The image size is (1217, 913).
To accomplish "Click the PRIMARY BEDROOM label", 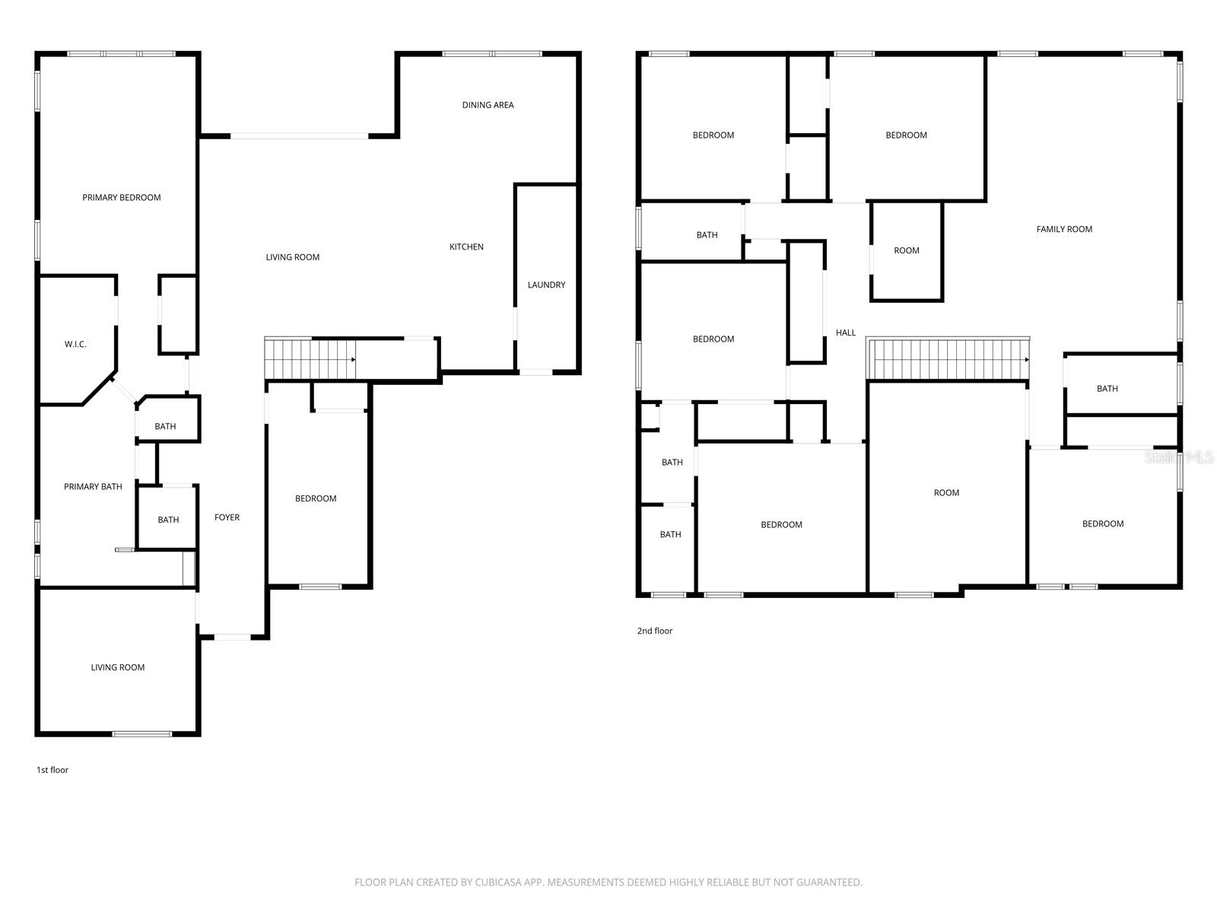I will (122, 198).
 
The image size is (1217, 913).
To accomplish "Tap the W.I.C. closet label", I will (75, 345).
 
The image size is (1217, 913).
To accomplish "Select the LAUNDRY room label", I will (546, 285).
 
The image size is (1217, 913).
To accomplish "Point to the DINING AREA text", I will (488, 105).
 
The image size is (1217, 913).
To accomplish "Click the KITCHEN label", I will (466, 247).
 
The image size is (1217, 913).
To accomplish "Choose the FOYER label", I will (227, 517).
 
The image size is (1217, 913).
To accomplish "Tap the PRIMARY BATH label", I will (93, 487).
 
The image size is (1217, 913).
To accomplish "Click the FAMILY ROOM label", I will (1064, 229).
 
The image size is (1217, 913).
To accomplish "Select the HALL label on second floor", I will (846, 332).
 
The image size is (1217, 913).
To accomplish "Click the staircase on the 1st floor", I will (310, 358).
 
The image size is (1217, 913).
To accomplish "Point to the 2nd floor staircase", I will (948, 359).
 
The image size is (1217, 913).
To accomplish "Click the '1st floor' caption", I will (52, 770).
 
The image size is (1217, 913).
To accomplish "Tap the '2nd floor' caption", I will (655, 631).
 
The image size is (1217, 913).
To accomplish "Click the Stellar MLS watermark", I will (1180, 457).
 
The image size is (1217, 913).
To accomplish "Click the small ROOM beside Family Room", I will (907, 250).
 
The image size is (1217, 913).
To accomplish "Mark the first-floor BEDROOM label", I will (316, 499).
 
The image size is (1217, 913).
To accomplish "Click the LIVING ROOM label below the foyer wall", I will (118, 668).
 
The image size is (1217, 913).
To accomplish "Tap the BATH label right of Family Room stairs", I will (1107, 389).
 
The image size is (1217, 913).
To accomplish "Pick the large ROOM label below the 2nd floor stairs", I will (946, 493).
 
